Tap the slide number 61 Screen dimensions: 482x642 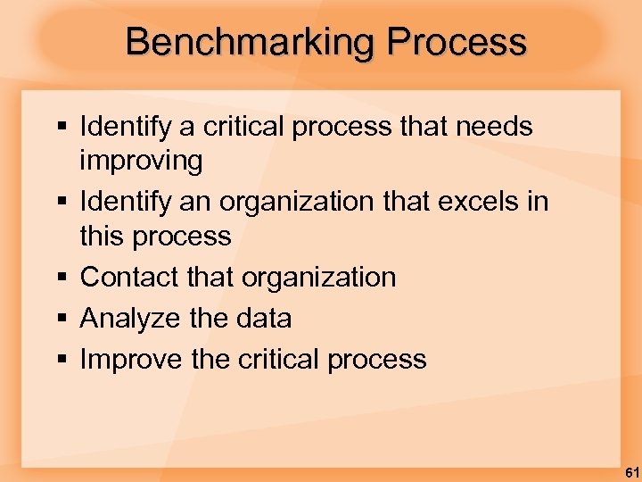coord(630,470)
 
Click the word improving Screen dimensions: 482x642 coord(142,162)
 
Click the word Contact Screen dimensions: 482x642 coord(129,277)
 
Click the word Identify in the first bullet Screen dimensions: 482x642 coord(127,128)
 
